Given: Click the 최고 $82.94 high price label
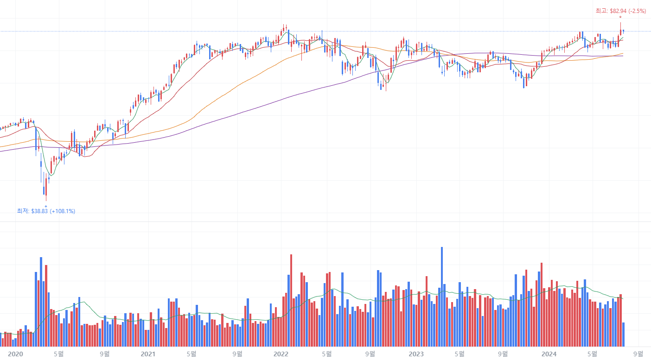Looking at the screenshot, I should [x=620, y=11].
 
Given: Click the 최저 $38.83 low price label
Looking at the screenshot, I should [x=46, y=211].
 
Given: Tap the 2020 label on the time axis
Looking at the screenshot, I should [x=15, y=354].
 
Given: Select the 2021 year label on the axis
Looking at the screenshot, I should [x=148, y=354].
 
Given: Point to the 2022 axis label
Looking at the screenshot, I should [x=281, y=354].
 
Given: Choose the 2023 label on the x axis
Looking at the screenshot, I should [x=416, y=354].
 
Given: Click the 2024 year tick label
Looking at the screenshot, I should [x=549, y=354].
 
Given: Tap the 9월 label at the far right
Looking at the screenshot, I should [x=638, y=354].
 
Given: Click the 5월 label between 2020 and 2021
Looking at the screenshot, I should [x=59, y=354].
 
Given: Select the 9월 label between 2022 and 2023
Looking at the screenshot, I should [x=370, y=354].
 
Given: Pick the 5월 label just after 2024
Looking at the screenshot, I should [x=592, y=354].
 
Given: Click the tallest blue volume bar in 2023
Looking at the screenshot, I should [x=441, y=297].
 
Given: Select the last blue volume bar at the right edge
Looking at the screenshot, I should [x=623, y=334].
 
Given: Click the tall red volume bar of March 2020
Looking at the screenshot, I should [x=46, y=306].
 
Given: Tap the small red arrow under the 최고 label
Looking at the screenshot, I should [x=620, y=18].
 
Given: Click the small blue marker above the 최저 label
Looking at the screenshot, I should [x=46, y=206].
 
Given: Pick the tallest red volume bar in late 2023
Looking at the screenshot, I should [x=541, y=304].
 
